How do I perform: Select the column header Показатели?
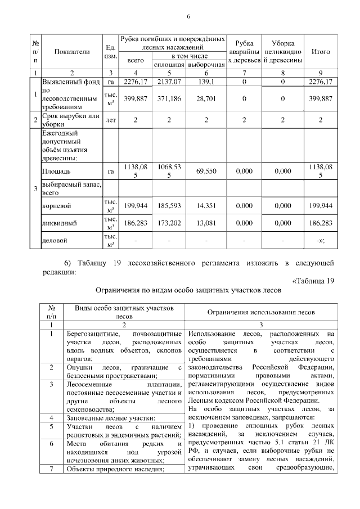[x=72, y=52]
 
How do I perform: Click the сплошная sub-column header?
[x=170, y=65]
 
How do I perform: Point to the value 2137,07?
[x=170, y=82]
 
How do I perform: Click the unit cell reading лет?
[x=111, y=120]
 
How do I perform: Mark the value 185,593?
[x=170, y=206]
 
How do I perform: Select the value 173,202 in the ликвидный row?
[x=170, y=223]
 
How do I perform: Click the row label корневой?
[x=56, y=206]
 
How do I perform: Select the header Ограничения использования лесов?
[x=261, y=312]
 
